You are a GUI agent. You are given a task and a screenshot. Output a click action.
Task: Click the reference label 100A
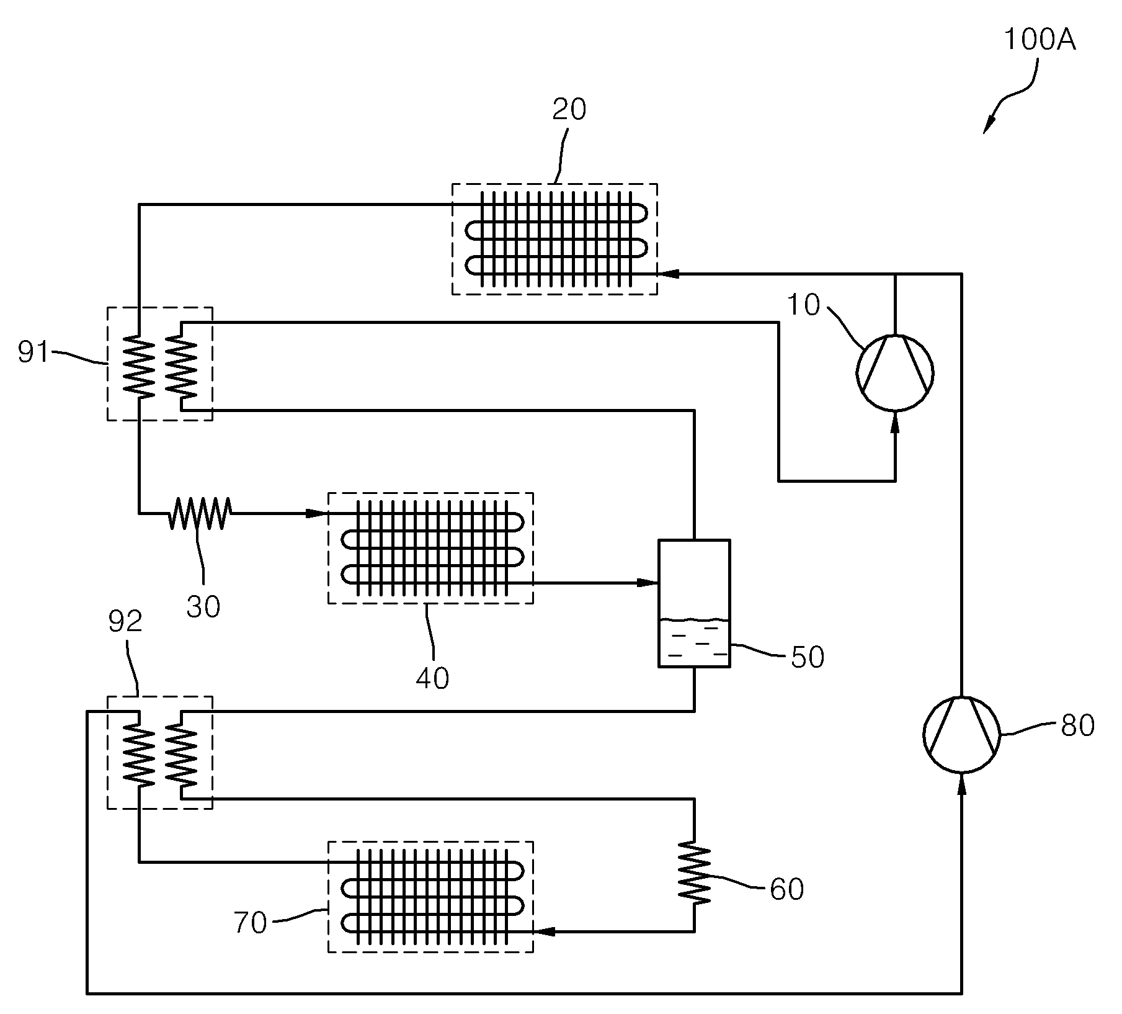point(1039,40)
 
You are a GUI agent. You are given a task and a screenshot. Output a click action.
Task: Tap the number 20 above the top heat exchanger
point(569,110)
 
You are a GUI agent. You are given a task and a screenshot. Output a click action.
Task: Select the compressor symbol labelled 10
point(894,372)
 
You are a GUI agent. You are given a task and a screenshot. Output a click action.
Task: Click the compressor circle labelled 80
point(961,734)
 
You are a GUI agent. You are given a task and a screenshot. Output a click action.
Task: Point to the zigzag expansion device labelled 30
point(200,513)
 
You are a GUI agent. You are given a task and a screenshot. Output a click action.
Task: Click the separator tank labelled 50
point(694,604)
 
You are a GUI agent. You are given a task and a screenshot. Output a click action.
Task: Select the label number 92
point(125,622)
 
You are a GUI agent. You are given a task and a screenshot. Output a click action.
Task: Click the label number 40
point(432,678)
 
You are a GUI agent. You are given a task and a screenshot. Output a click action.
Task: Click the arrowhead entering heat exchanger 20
point(666,273)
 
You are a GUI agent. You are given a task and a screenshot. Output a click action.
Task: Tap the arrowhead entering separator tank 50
point(648,583)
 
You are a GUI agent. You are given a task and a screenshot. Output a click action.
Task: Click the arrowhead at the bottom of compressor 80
point(961,784)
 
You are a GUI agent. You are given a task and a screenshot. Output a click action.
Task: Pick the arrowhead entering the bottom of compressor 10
point(894,421)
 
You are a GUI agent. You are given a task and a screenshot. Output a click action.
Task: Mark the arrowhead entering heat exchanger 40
point(316,513)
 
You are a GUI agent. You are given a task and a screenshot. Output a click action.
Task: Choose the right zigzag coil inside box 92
point(181,756)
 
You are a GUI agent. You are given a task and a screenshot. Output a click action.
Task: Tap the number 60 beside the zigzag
point(786,889)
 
